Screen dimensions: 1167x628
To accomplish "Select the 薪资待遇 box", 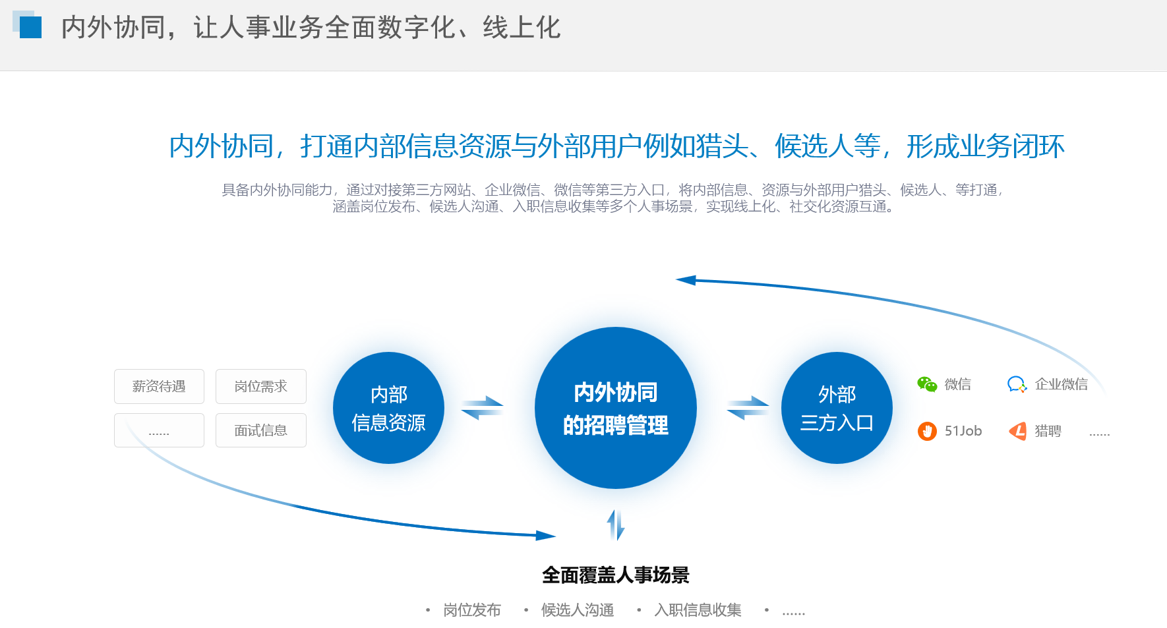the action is [x=159, y=386].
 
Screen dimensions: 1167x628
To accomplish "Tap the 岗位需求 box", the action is [x=261, y=386].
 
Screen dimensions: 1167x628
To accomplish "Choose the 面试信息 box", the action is [x=261, y=430].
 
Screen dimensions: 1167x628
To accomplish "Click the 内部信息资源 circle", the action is [x=388, y=408].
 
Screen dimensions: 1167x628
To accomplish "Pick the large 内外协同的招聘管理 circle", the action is [x=616, y=408].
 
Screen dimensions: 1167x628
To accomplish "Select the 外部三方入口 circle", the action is [x=837, y=408].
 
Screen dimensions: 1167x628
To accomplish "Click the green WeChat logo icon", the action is [x=927, y=384].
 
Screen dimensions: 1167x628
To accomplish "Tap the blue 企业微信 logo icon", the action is [x=1017, y=384].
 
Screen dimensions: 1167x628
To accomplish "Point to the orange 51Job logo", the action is [x=927, y=431].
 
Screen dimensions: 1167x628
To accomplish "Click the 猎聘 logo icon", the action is [x=1018, y=431].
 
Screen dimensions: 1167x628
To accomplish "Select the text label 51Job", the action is [x=963, y=431].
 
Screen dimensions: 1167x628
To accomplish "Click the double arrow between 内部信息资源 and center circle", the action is [x=482, y=408].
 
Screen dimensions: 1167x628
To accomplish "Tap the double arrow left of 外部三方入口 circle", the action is [x=748, y=408].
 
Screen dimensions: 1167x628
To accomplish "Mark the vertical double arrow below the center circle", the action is [x=616, y=525].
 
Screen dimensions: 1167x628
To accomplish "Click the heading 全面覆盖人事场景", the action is [x=616, y=575].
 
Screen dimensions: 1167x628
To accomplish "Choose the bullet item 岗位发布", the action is [x=472, y=610].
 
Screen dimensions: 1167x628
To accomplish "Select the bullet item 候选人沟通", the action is [x=578, y=610].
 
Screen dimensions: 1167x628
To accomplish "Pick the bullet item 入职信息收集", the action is [x=698, y=610].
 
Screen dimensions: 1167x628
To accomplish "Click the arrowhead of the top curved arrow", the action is [x=686, y=280].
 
